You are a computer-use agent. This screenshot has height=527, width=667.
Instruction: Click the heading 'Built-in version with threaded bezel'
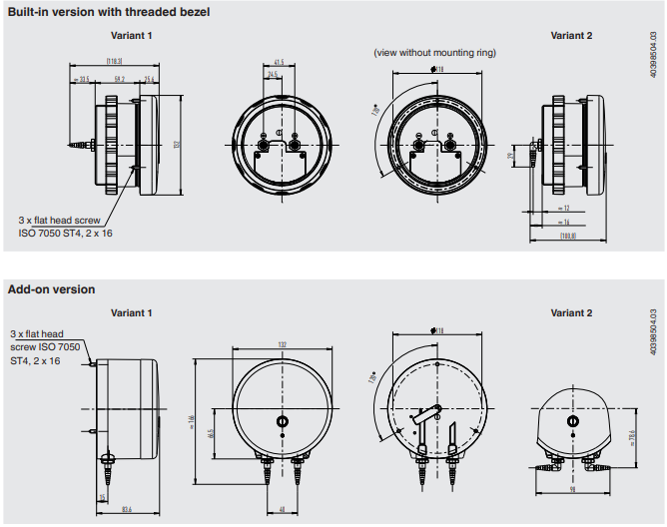coord(108,12)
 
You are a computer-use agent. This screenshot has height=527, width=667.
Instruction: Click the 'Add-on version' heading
coord(52,289)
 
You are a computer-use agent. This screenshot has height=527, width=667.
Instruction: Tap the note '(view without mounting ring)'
coord(434,52)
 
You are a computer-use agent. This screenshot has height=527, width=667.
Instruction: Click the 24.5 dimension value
coord(273,74)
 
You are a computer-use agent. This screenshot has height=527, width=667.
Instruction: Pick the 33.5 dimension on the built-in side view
coord(83,78)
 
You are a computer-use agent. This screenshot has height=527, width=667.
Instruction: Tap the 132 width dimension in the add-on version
coord(282,344)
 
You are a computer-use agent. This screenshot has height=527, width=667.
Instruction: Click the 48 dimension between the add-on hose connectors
coord(282,510)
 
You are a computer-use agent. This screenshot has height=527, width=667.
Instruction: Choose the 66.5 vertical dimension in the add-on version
coord(210,433)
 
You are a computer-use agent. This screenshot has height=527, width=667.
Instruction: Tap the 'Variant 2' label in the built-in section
coord(571,36)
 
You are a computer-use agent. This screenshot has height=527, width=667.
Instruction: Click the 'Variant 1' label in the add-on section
coord(131,313)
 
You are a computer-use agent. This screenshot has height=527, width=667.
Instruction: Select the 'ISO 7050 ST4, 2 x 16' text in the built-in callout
coord(65,233)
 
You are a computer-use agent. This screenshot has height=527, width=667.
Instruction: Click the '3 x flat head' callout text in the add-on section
coord(37,334)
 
